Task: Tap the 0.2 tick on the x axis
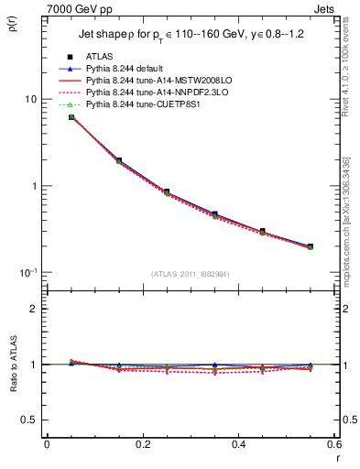click(142, 443)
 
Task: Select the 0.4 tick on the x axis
click(239, 443)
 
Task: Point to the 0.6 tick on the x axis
click(334, 443)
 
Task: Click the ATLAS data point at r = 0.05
click(71, 117)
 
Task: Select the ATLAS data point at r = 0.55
click(311, 246)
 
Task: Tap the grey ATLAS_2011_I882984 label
click(191, 273)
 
